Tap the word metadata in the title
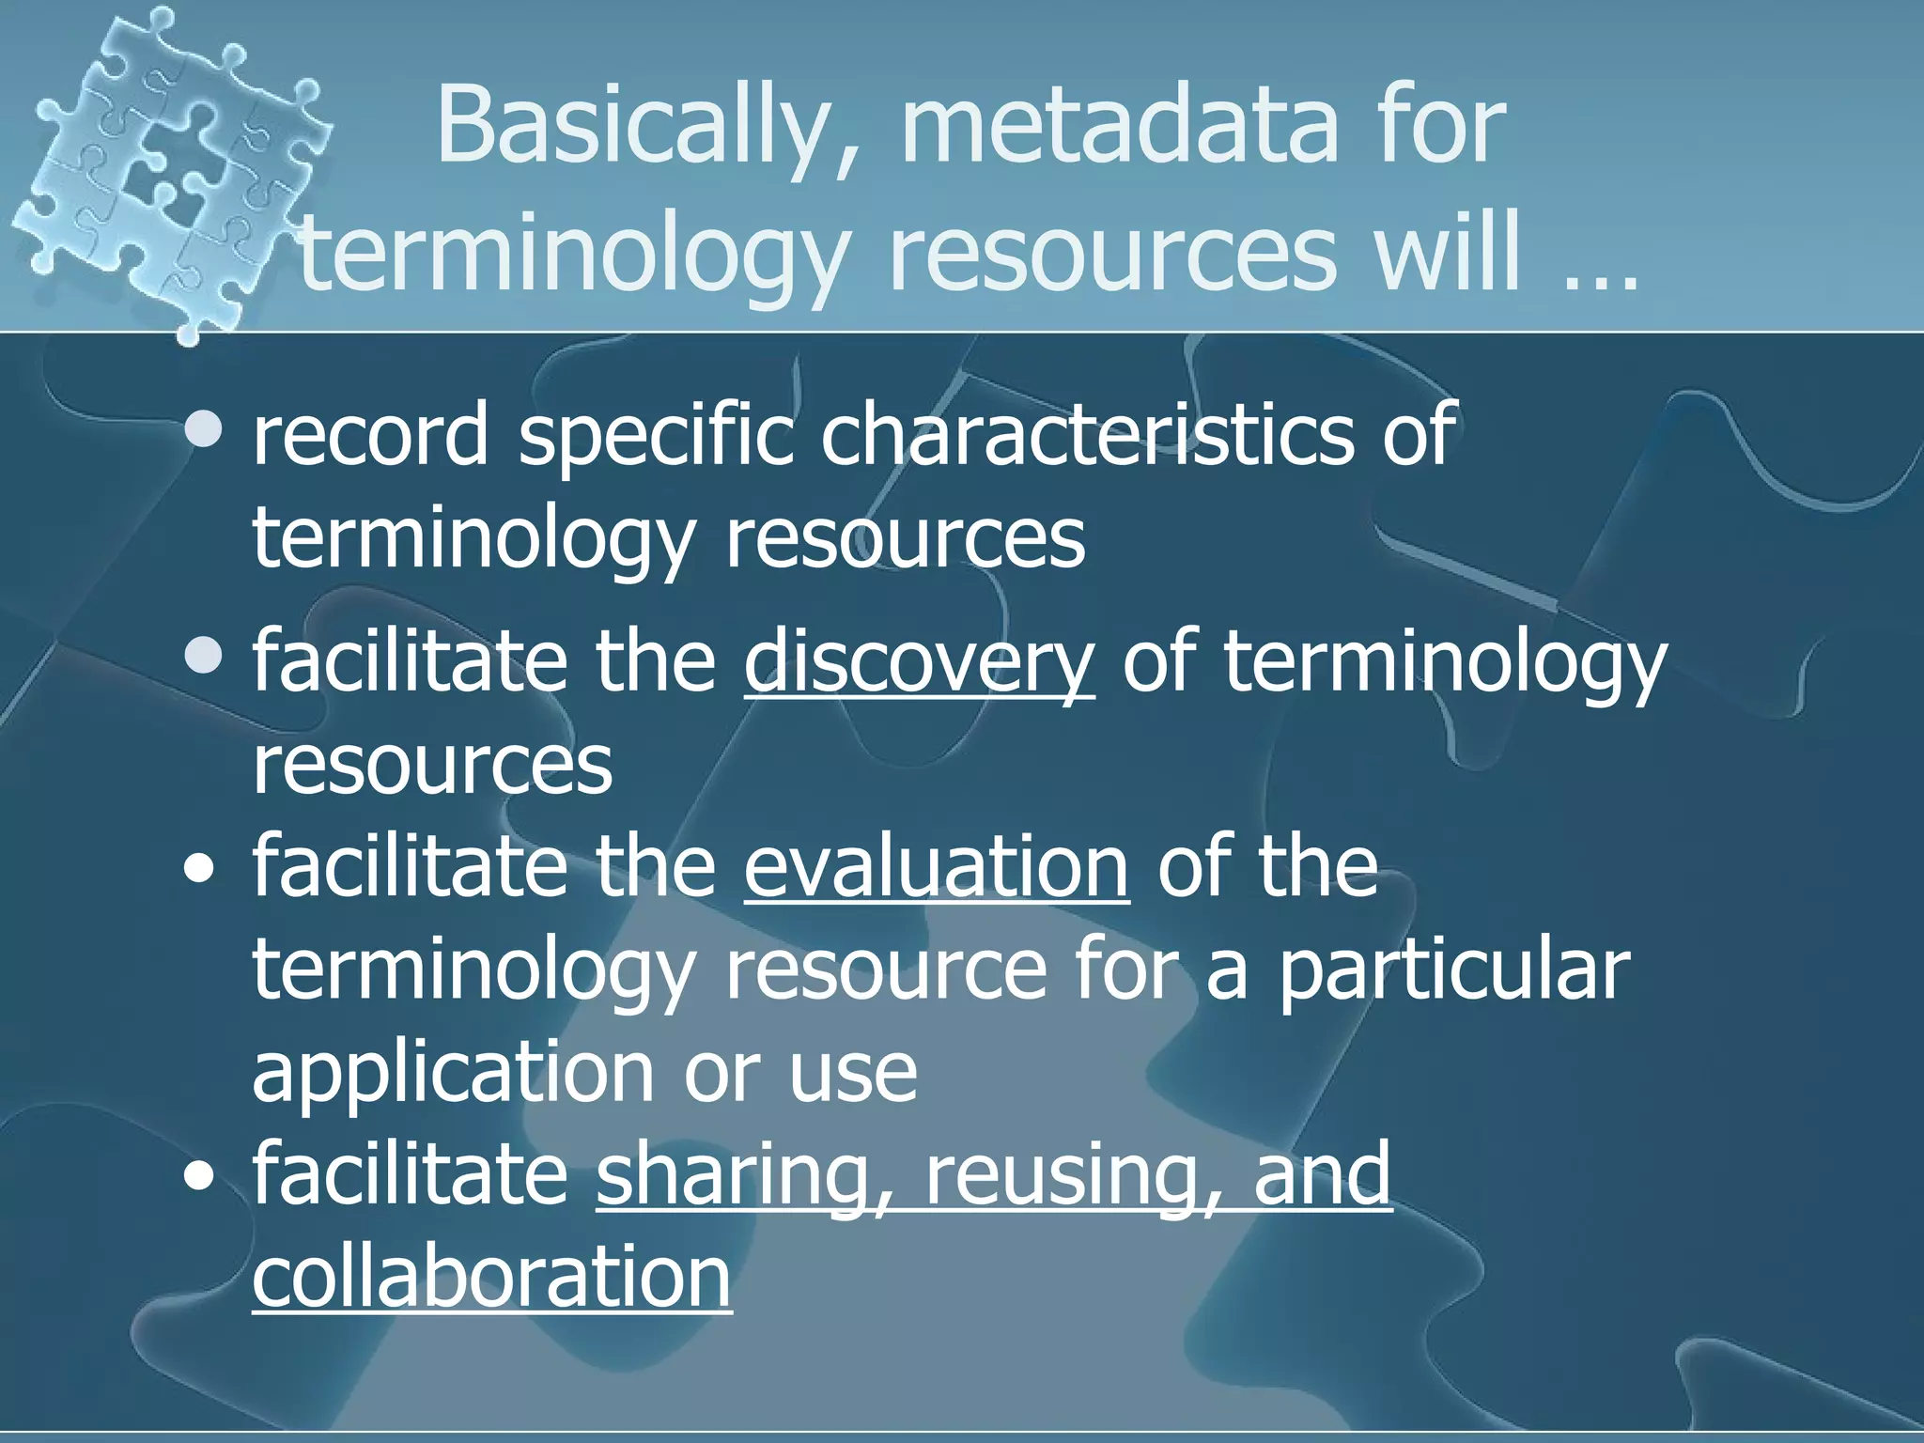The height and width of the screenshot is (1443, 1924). point(1118,126)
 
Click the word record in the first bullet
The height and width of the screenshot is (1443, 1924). point(370,434)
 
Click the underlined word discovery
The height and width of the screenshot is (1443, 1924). point(919,663)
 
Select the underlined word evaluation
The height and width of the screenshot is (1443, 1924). point(936,866)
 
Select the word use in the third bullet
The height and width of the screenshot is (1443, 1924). point(852,1073)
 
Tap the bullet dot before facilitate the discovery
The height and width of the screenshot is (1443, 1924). point(203,657)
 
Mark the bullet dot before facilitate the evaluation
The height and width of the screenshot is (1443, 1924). point(198,870)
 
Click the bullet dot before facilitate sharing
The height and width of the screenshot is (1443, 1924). point(198,1176)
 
